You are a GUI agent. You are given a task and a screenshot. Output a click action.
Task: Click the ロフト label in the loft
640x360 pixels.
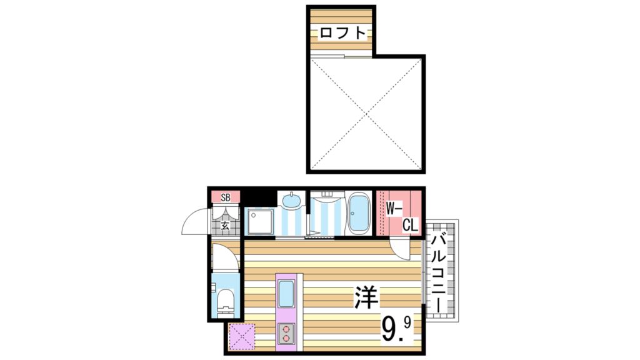tap(341, 33)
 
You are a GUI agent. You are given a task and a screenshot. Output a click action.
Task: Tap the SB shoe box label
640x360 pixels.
tap(226, 197)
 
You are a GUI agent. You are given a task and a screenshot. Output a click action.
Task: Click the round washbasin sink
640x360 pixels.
tap(291, 201)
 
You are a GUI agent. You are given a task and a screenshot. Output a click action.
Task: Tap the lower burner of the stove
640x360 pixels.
tap(287, 339)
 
